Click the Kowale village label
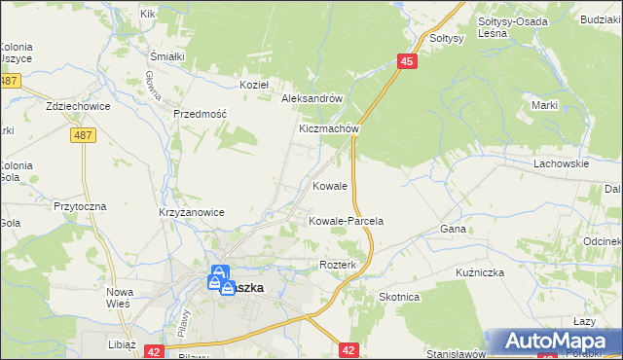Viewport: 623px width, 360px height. point(330,185)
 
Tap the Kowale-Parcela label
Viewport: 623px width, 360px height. point(346,221)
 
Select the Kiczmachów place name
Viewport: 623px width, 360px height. point(330,128)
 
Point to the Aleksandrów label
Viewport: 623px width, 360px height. point(311,98)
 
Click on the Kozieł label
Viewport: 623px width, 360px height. point(254,85)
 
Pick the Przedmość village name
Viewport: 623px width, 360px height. point(200,114)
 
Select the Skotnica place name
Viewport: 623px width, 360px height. point(399,297)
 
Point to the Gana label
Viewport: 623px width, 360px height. point(454,229)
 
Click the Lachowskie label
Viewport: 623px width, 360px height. point(561,163)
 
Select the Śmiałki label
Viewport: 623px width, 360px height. point(167,56)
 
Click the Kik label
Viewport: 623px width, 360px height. point(148,14)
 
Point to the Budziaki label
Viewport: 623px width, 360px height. point(601,19)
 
